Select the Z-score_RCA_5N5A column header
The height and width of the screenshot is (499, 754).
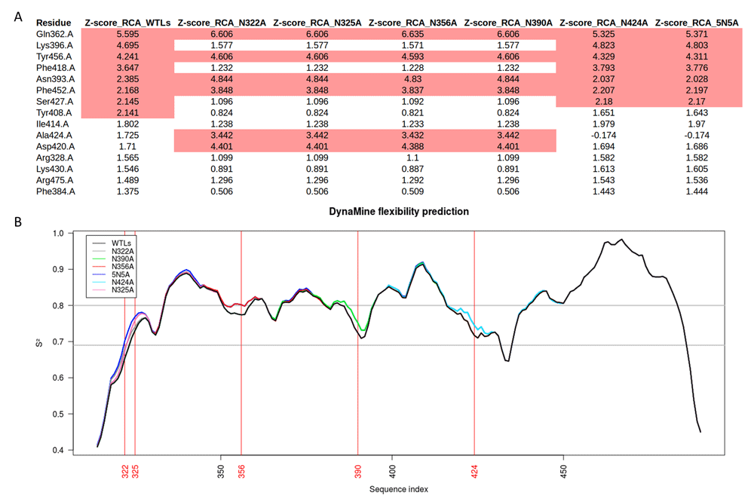697,23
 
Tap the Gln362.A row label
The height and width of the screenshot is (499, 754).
54,35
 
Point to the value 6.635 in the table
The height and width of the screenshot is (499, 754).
410,35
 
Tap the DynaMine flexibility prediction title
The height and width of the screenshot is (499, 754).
399,212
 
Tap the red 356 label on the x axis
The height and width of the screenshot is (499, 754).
241,471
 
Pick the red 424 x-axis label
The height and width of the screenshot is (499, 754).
474,471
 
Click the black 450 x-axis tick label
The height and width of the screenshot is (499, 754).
562,468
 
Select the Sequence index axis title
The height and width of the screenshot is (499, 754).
399,489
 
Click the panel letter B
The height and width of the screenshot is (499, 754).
17,222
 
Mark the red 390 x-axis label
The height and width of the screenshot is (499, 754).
358,471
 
